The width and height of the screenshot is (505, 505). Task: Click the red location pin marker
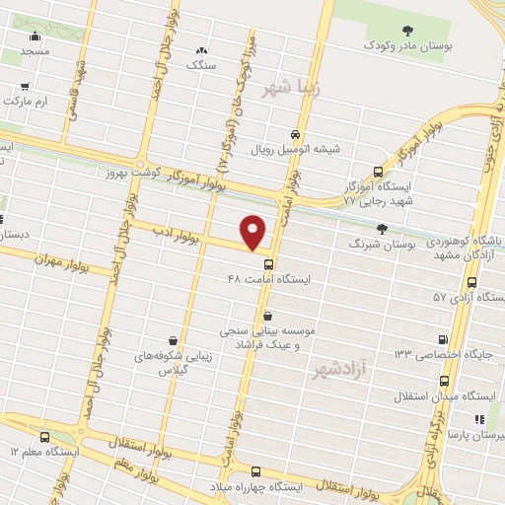(253, 233)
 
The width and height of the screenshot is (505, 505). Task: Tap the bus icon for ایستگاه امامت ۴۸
(267, 264)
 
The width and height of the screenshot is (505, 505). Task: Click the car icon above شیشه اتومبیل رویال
(295, 135)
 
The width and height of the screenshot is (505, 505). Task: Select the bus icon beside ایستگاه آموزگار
(378, 171)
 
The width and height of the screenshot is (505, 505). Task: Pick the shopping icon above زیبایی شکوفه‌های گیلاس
(173, 340)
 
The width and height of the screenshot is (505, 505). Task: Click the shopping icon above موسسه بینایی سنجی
(267, 318)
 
